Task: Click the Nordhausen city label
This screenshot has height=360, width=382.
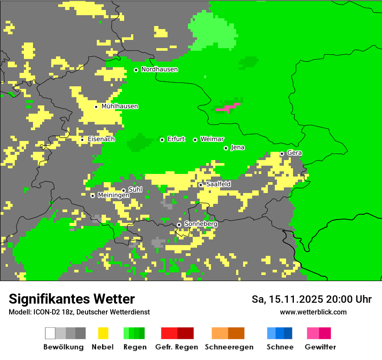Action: coord(159,69)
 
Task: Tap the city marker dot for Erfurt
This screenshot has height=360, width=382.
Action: coord(162,140)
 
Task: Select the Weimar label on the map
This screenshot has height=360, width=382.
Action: coord(212,139)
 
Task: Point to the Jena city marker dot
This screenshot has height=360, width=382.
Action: coord(226,148)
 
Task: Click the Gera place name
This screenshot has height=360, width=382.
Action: coord(294,153)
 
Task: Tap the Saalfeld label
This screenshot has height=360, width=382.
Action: coord(218,184)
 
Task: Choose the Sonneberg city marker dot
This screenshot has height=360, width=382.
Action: coord(179,225)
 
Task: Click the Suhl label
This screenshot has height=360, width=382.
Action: coord(135,190)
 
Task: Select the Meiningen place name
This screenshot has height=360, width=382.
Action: coord(113,196)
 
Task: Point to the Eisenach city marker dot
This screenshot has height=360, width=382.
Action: coord(82,140)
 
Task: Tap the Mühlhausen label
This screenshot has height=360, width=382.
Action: coord(119,106)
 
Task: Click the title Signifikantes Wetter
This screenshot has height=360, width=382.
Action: coord(72,299)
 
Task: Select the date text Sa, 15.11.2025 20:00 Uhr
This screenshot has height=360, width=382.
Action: coord(312,299)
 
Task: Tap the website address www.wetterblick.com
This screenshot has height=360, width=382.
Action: coord(313,312)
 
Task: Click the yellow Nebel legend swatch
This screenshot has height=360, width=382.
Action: coord(103,333)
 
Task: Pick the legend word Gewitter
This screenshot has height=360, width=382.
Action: coord(320,347)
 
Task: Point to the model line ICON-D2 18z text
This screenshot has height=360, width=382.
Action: coord(79,312)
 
